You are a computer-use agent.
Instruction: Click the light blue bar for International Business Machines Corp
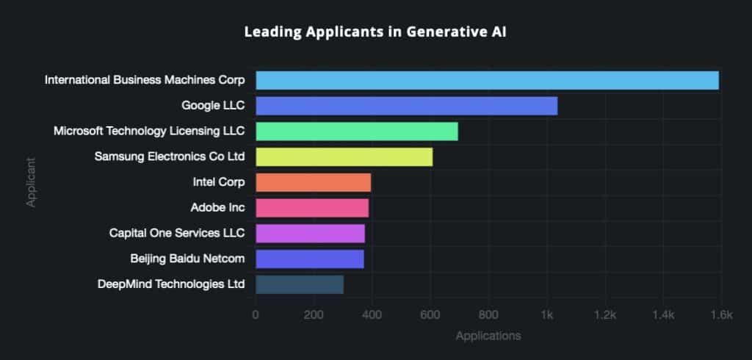487,80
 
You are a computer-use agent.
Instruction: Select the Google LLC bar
406,106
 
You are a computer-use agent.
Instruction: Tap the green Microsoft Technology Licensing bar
356,132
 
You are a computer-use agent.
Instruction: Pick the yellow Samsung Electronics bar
344,156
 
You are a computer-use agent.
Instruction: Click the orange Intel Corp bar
313,182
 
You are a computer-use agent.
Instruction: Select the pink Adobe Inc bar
312,208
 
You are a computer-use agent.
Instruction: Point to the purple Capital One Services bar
310,234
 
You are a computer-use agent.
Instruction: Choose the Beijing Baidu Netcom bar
309,259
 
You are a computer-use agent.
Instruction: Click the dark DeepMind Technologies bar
299,284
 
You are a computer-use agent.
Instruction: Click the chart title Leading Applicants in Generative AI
375,33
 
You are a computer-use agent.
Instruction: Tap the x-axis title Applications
488,336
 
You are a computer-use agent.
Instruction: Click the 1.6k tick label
720,315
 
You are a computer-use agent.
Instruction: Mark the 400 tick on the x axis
372,315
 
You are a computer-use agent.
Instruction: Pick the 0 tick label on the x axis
256,315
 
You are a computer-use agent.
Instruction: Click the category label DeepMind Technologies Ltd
170,284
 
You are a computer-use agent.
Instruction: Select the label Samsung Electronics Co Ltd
170,156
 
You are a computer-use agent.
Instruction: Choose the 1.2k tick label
604,315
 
